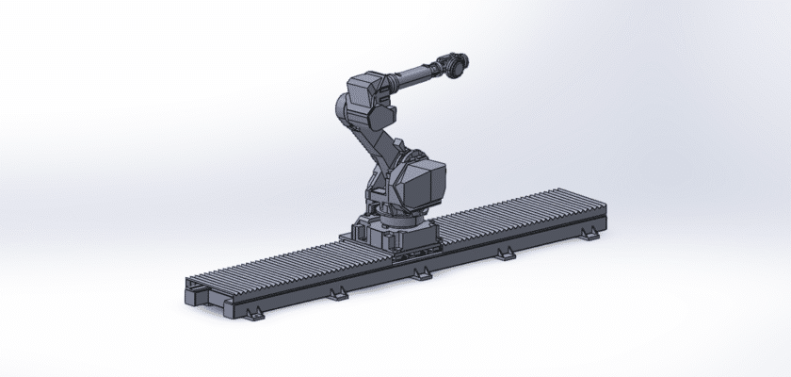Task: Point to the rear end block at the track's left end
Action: (x=194, y=283)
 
